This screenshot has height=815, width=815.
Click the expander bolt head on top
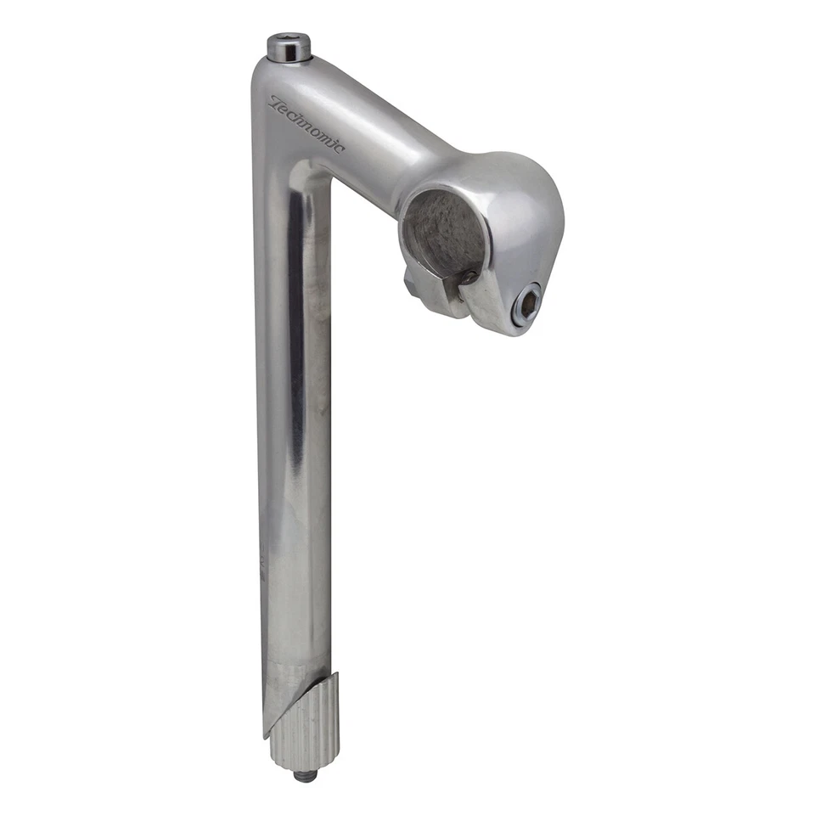click(x=289, y=48)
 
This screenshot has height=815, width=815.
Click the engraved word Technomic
click(x=306, y=124)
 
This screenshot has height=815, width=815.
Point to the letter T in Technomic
click(x=276, y=103)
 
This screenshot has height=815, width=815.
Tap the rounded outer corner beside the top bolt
click(x=260, y=72)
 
